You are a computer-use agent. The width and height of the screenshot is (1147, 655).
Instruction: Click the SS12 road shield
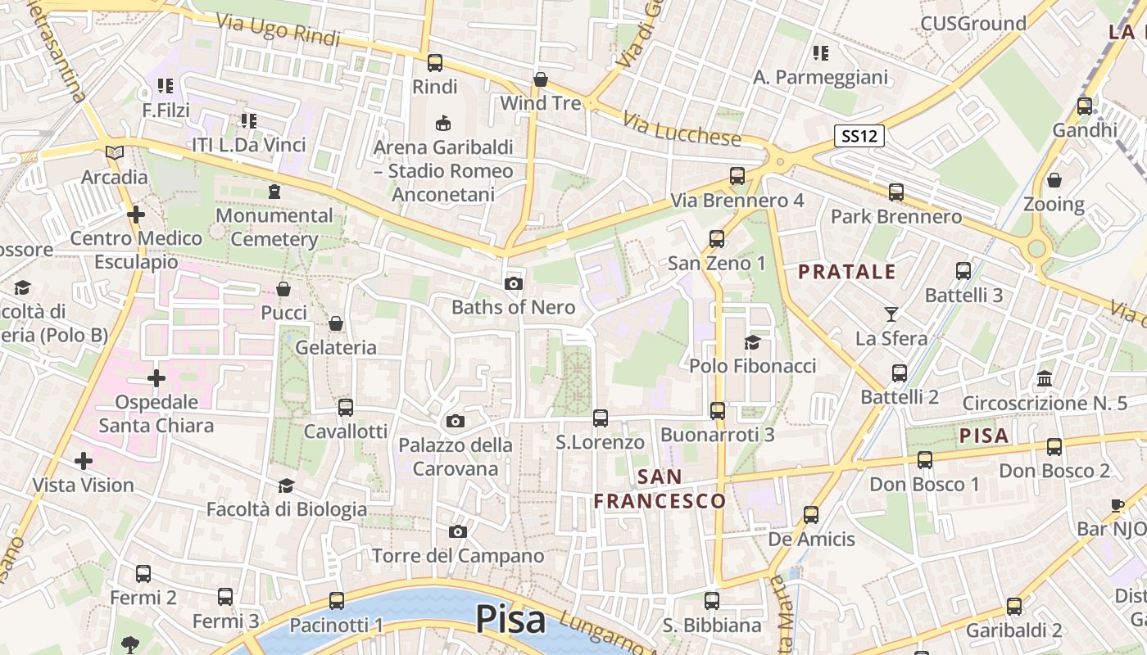tap(859, 136)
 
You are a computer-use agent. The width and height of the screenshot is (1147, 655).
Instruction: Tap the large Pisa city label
tap(510, 620)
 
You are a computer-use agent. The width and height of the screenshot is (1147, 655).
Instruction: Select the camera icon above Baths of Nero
tap(514, 283)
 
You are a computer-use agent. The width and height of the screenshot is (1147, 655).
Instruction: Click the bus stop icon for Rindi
tap(435, 62)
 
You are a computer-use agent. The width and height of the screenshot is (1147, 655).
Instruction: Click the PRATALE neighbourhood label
tap(847, 272)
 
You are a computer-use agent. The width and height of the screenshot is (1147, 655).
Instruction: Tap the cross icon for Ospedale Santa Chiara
tap(156, 378)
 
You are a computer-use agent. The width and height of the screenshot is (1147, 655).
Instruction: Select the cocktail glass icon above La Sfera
tap(891, 314)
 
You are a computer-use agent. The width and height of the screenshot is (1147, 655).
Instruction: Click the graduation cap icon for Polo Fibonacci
tap(752, 342)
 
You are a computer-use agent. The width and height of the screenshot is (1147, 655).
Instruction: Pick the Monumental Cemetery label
tap(274, 228)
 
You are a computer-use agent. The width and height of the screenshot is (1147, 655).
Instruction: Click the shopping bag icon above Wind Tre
tap(541, 79)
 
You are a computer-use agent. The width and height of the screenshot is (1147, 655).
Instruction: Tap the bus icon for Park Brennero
tap(896, 192)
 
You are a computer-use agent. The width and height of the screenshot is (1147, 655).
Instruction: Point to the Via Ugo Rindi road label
tap(278, 30)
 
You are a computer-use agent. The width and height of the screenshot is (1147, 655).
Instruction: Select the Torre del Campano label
tap(458, 556)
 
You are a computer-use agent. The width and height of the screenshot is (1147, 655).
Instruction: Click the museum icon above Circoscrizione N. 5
tap(1045, 378)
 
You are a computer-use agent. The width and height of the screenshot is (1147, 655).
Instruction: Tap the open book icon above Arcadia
tap(115, 153)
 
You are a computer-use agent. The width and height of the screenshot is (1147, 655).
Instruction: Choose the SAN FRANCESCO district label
tap(660, 489)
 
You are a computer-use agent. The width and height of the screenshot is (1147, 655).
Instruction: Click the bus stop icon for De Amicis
tap(811, 514)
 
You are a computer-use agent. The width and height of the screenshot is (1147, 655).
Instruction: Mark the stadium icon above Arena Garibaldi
tap(443, 123)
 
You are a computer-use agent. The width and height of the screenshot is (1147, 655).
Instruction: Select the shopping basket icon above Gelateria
tap(336, 323)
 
